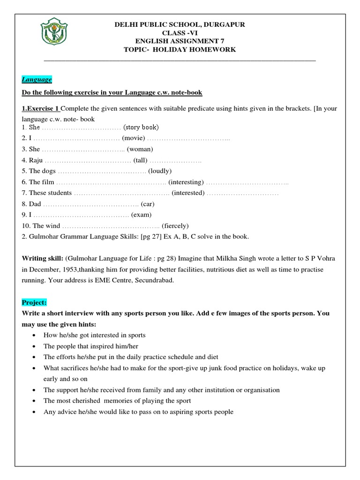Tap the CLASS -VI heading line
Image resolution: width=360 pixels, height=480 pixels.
click(180, 33)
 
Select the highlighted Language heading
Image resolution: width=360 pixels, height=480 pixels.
click(37, 80)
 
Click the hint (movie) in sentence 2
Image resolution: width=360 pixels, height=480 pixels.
click(133, 138)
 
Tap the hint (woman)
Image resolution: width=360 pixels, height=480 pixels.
click(140, 149)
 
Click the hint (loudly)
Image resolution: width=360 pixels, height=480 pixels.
click(160, 171)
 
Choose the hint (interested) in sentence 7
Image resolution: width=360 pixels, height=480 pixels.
click(188, 193)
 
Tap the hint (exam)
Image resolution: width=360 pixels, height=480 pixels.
click(142, 215)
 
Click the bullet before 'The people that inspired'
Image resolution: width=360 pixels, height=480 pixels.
click(36, 346)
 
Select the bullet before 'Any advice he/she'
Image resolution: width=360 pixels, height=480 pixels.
click(36, 412)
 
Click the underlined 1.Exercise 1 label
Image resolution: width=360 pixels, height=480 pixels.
click(40, 109)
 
